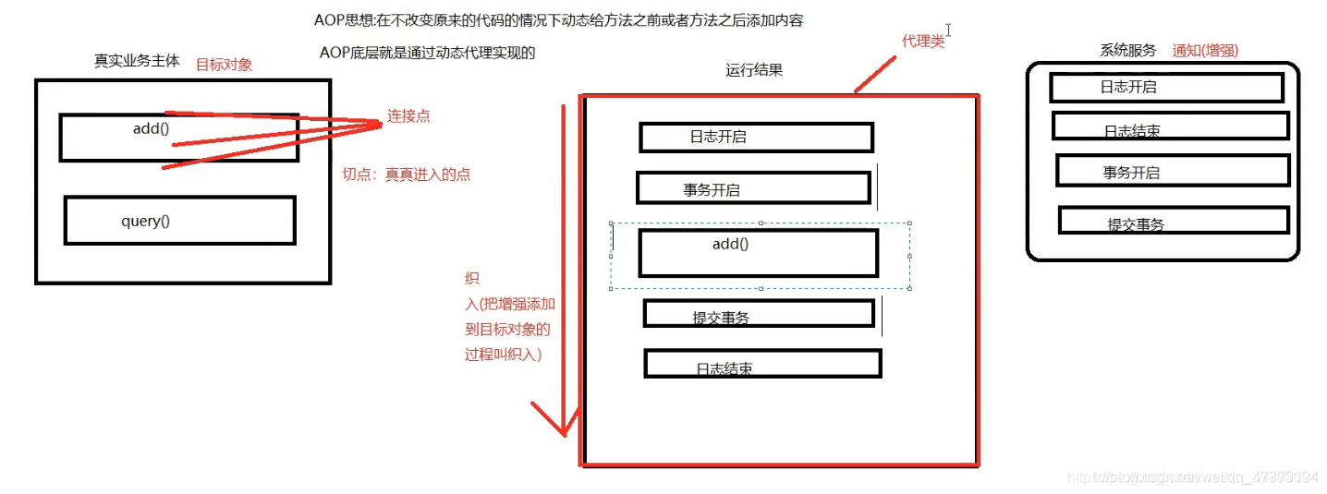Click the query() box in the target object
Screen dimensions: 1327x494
click(x=179, y=221)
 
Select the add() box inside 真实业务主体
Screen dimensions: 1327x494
click(x=178, y=137)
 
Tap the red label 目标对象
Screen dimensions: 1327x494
click(x=224, y=65)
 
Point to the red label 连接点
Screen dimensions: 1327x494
click(x=408, y=116)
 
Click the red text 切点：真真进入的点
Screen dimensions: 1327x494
click(x=407, y=175)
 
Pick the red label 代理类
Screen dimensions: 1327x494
click(x=923, y=42)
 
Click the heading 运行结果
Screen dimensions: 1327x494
click(x=754, y=69)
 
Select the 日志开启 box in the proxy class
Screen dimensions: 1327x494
click(x=756, y=137)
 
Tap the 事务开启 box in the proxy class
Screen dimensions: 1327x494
click(x=753, y=188)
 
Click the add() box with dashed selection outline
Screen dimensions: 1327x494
click(x=758, y=253)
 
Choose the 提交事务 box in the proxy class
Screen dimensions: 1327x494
click(x=759, y=314)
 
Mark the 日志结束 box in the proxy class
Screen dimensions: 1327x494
click(x=762, y=363)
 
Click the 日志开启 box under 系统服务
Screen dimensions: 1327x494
click(x=1166, y=88)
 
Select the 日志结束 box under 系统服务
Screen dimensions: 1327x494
click(x=1170, y=126)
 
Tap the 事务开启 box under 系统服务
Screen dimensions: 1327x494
click(x=1172, y=171)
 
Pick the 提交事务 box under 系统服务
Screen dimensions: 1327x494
click(x=1173, y=220)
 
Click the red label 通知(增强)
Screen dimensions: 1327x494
click(x=1205, y=51)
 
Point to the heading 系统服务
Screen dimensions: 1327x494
click(x=1127, y=51)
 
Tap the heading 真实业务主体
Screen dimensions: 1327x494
click(x=137, y=61)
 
